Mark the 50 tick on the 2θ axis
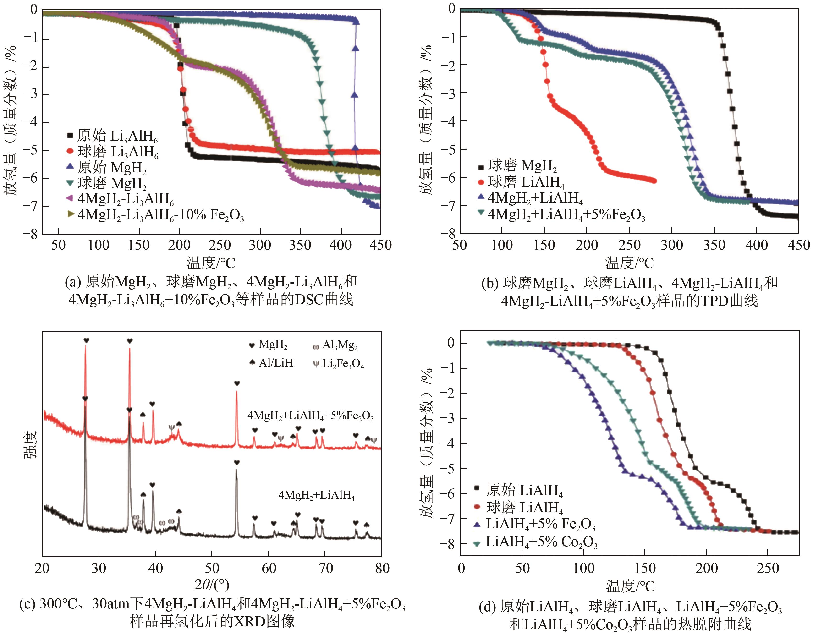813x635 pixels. (212, 568)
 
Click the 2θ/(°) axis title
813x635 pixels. (212, 585)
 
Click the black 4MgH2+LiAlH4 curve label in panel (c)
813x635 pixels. (316, 495)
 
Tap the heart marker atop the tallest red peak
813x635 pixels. (86, 341)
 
